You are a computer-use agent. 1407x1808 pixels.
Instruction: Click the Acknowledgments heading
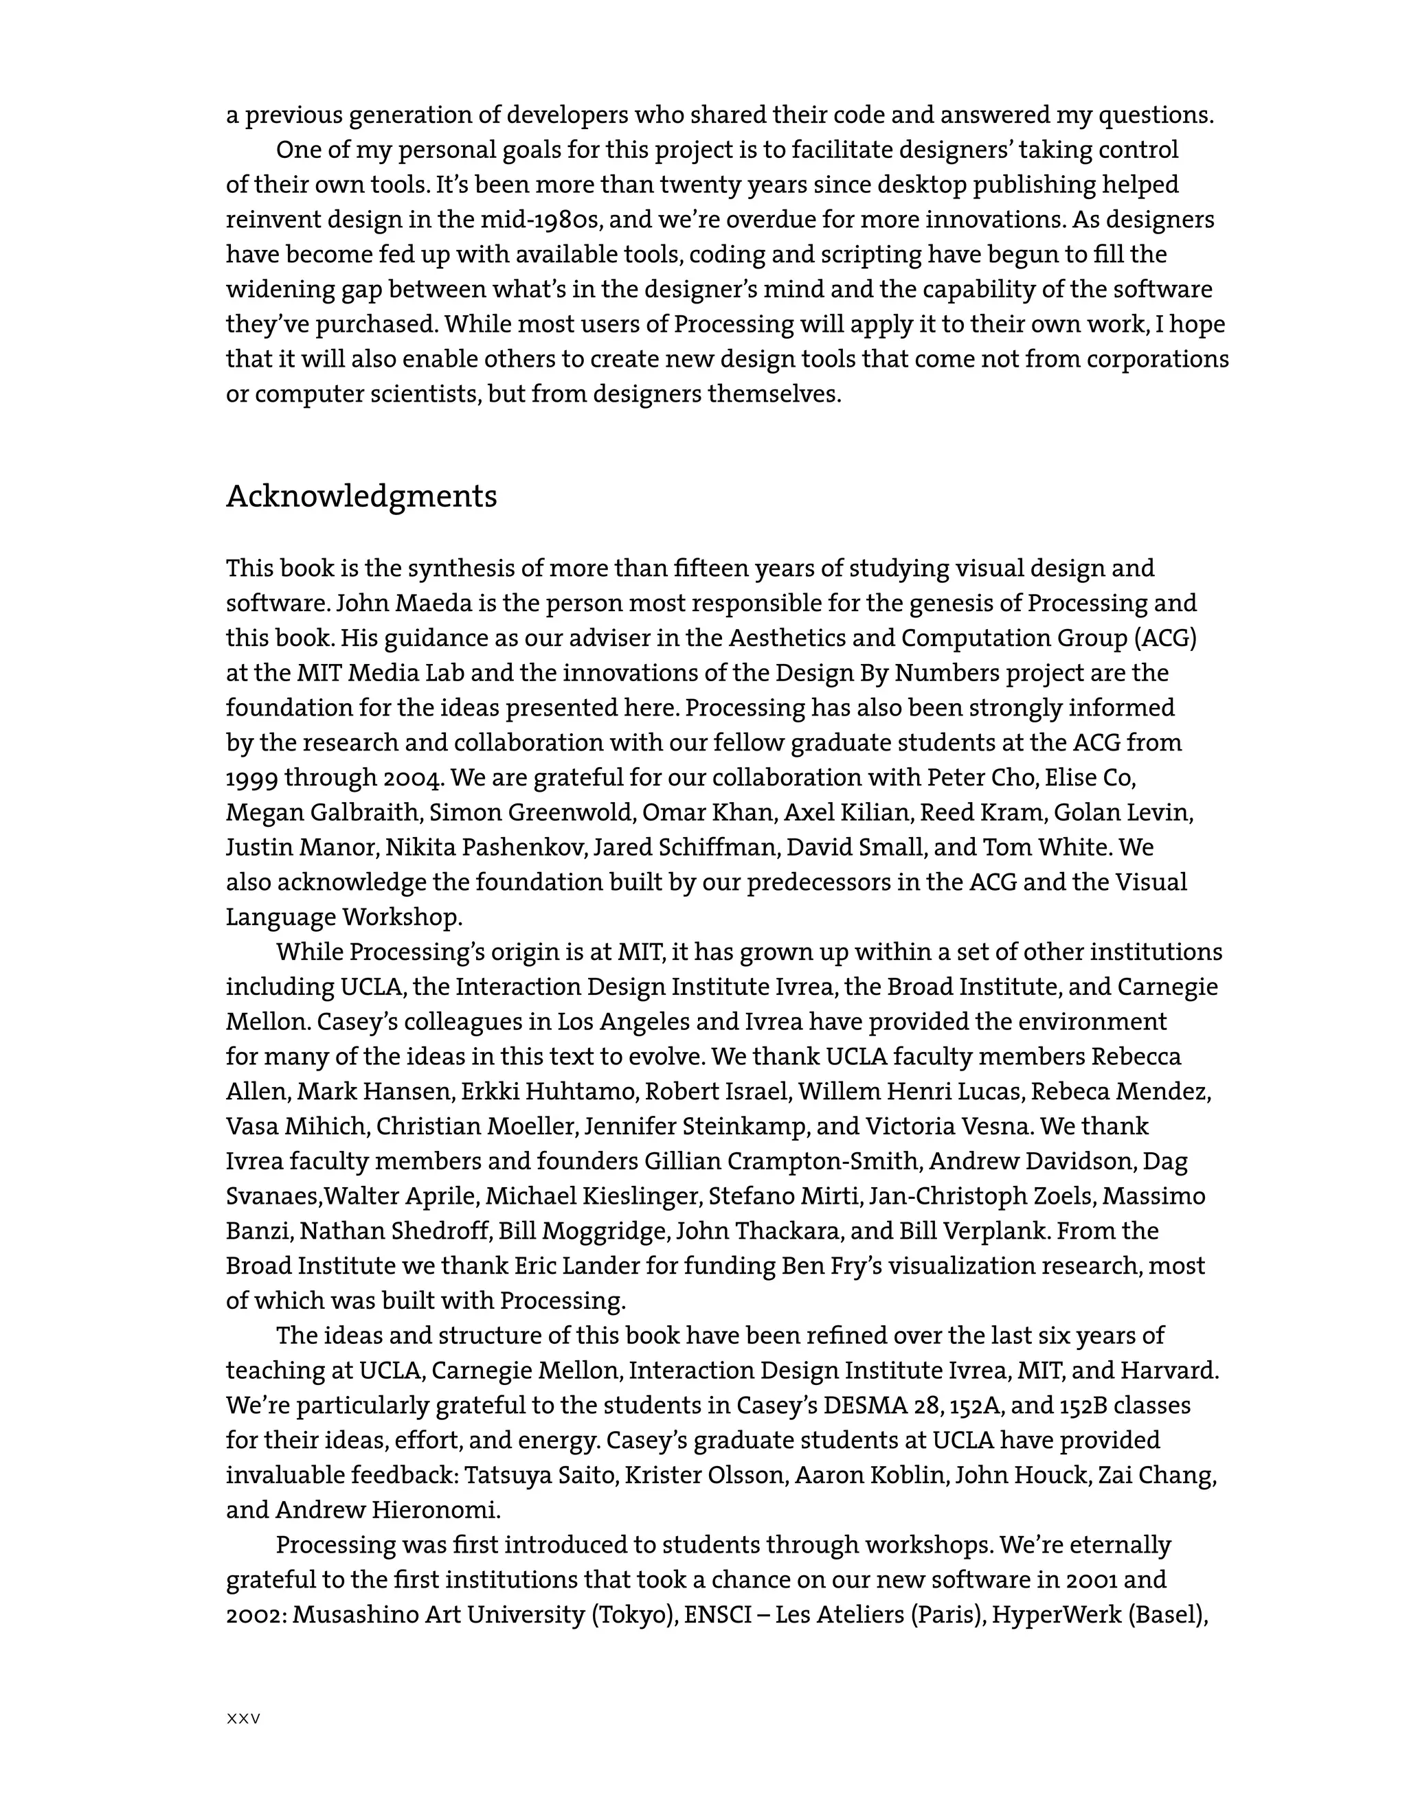click(x=361, y=496)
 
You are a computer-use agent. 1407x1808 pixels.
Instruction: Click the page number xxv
click(x=243, y=1719)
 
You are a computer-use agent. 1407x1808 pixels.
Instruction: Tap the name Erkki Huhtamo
click(x=548, y=1092)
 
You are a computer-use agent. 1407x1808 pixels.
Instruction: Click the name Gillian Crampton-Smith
click(x=781, y=1161)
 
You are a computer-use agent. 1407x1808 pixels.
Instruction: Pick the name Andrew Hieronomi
click(x=387, y=1510)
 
